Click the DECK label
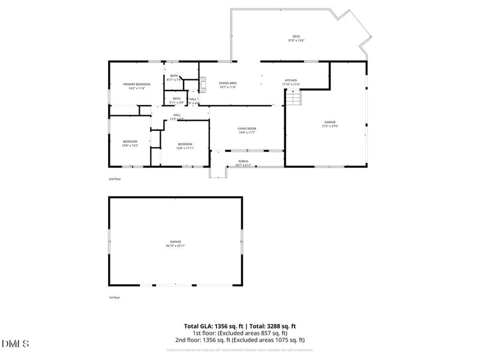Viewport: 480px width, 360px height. (296, 37)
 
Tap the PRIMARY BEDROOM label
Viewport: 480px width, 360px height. (136, 84)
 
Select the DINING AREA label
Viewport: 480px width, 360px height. (227, 83)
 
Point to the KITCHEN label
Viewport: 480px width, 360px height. (290, 80)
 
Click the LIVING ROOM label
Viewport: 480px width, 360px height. (247, 128)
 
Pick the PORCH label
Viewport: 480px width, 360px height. (244, 161)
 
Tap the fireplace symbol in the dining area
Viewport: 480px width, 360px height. (203, 83)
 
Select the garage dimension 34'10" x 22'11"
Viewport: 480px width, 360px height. (175, 245)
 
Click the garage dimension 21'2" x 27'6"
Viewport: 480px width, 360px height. (330, 126)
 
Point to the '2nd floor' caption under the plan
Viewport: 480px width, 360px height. (114, 179)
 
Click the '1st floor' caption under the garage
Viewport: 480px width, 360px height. (114, 298)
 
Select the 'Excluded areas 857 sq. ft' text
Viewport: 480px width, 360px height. (253, 333)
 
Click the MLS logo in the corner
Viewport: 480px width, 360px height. (16, 344)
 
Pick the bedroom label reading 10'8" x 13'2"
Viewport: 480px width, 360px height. (130, 145)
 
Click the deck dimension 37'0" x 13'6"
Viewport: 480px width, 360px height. (296, 41)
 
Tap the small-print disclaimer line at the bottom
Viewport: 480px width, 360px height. (239, 349)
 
